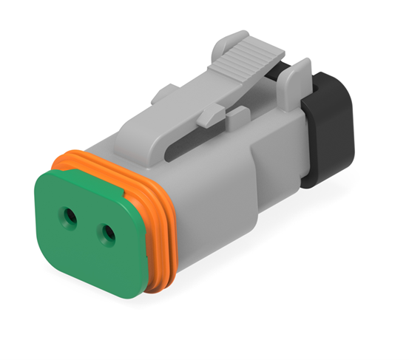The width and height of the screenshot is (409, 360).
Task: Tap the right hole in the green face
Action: (x=108, y=235)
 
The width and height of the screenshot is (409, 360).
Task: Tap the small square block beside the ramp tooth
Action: (x=238, y=118)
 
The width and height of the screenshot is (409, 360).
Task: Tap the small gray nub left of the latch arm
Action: (x=164, y=94)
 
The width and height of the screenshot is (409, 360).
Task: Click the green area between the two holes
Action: (x=89, y=225)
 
